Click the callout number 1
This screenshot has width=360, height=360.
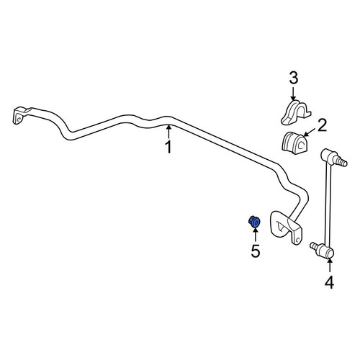coord(169,147)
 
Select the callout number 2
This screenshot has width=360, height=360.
coord(322,126)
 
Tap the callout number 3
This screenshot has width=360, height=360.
coord(293,78)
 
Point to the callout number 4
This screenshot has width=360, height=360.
coord(329,282)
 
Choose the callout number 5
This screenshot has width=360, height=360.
coord(256,251)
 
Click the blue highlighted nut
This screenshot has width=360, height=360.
coord(254,222)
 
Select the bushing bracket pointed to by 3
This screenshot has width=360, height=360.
coord(296,112)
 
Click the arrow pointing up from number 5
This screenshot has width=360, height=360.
coord(255,235)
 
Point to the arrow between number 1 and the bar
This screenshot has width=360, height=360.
coord(168,131)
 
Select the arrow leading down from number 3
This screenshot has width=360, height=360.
coord(293,93)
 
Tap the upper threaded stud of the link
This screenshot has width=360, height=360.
coord(341,161)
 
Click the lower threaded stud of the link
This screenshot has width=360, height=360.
coord(315,246)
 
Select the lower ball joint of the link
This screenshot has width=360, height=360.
coord(325,252)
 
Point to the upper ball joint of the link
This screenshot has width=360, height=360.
coord(328,156)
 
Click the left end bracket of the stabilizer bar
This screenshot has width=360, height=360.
coord(19,115)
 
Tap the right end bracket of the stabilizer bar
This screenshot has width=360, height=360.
coord(286,227)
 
